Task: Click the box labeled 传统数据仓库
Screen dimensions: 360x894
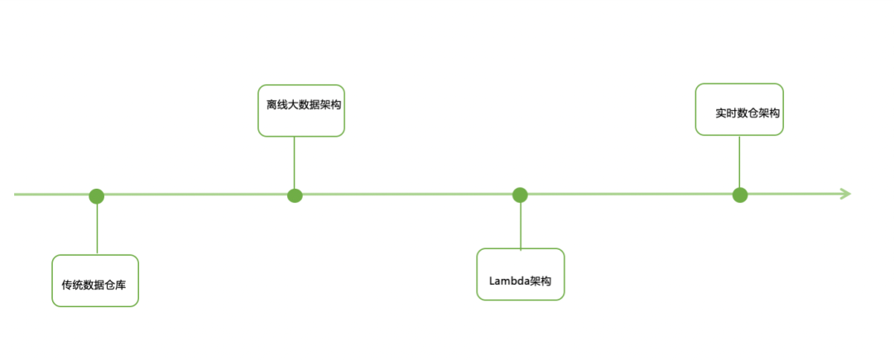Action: pyautogui.click(x=94, y=281)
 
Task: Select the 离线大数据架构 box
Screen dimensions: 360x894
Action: pyautogui.click(x=301, y=110)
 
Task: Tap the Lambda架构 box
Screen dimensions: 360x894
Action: pyautogui.click(x=521, y=274)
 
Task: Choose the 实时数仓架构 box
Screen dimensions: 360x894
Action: pyautogui.click(x=738, y=108)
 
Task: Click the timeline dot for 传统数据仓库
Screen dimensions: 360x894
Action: pyautogui.click(x=97, y=196)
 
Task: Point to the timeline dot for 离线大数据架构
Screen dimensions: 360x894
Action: pyautogui.click(x=295, y=195)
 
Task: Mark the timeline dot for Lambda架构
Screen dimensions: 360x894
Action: pyautogui.click(x=520, y=195)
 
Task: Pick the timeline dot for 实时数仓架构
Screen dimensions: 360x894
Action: pyautogui.click(x=740, y=195)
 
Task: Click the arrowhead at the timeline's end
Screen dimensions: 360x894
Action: pyautogui.click(x=845, y=194)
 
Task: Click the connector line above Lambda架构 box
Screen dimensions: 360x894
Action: pyautogui.click(x=520, y=224)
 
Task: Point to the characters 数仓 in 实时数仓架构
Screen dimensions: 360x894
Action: pyautogui.click(x=747, y=113)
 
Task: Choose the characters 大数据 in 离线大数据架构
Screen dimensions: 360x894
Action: pyautogui.click(x=302, y=106)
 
